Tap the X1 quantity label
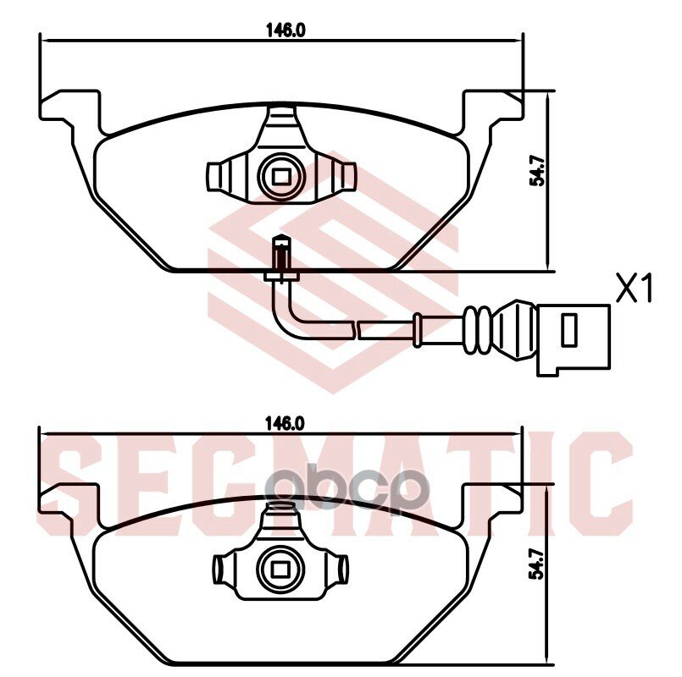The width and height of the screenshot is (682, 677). coord(635,290)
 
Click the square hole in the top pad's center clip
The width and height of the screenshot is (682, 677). coord(280,175)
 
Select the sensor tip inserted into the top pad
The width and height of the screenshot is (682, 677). coord(280,254)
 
